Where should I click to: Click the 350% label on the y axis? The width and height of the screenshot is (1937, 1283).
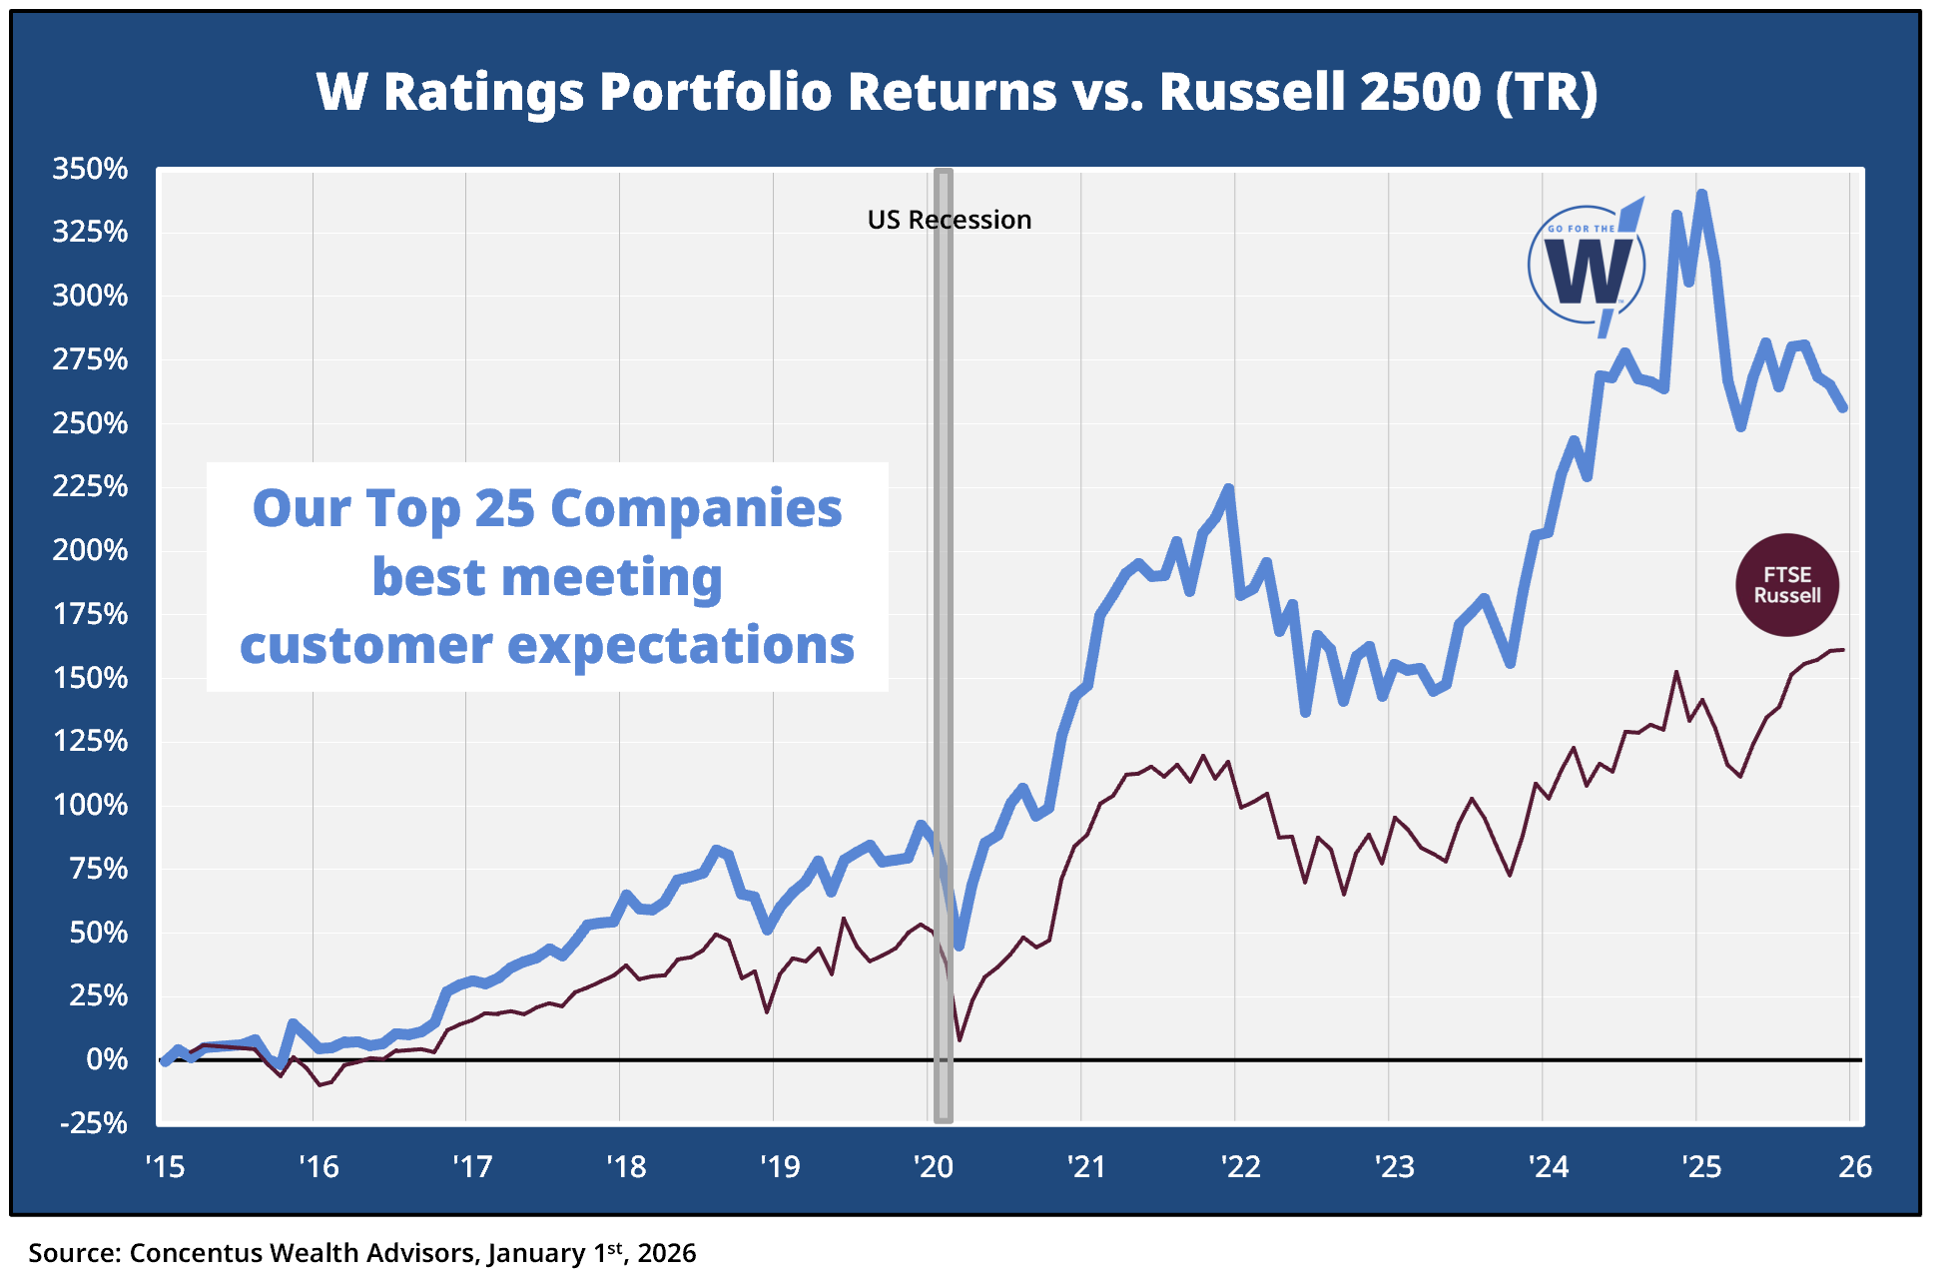coord(90,169)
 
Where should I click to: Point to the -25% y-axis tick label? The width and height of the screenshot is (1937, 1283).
coord(94,1123)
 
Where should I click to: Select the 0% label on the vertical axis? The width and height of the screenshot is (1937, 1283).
coord(107,1059)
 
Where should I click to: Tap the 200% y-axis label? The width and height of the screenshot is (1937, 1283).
coord(90,550)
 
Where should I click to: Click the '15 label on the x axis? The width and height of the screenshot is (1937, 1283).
coord(165,1166)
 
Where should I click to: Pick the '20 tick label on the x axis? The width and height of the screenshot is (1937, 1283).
coord(934,1166)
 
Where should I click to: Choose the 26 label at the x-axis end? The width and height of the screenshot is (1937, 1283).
coord(1855,1166)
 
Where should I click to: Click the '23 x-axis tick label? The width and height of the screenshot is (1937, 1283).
coord(1394,1166)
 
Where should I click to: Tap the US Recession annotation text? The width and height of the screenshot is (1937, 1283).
coord(949,220)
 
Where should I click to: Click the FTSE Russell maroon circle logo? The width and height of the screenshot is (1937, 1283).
coord(1787,585)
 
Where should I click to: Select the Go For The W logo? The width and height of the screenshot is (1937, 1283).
coord(1588,267)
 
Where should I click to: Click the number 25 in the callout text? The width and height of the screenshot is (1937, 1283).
coord(505,508)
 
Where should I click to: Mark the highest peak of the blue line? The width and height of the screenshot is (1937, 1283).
coord(1701,195)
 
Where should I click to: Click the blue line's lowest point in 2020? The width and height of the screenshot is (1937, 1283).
coord(960,945)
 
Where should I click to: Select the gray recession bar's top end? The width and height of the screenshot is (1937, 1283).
coord(943,174)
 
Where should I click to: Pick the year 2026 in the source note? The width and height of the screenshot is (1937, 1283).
coord(667,1253)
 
